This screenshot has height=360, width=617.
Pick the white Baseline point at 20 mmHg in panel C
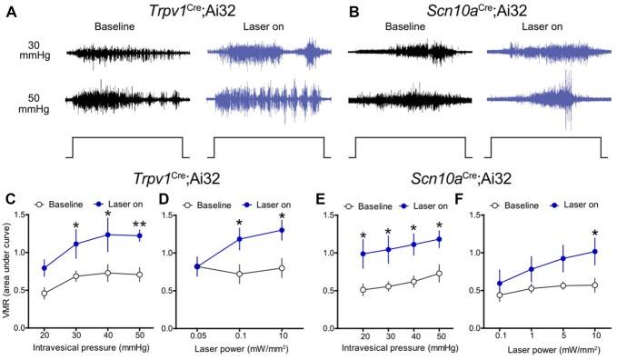(45, 294)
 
